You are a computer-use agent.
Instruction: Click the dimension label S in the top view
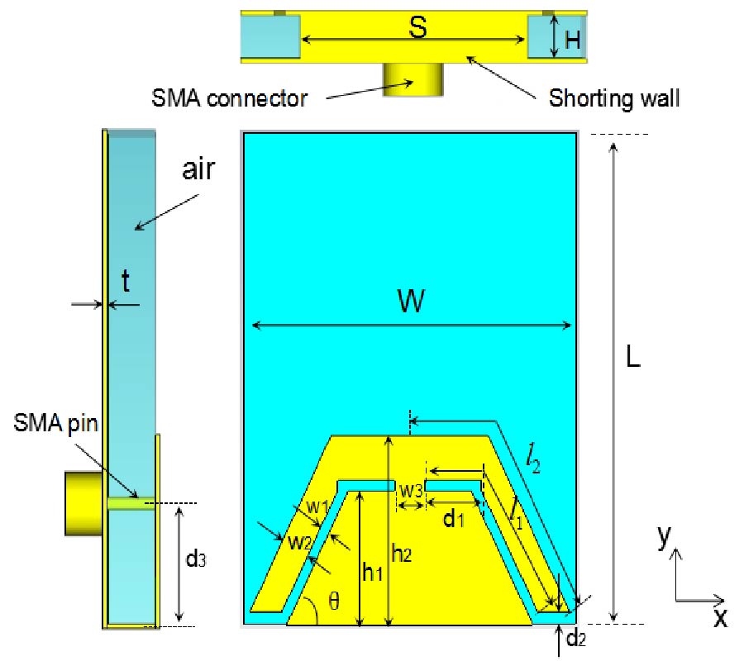419,28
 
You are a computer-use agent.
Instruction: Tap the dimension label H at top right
570,38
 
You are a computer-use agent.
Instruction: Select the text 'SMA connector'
230,99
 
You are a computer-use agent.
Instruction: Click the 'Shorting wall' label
614,99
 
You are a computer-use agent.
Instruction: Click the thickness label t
125,283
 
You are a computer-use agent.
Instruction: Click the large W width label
411,302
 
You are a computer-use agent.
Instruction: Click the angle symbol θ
333,602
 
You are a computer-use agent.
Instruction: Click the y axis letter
663,538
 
